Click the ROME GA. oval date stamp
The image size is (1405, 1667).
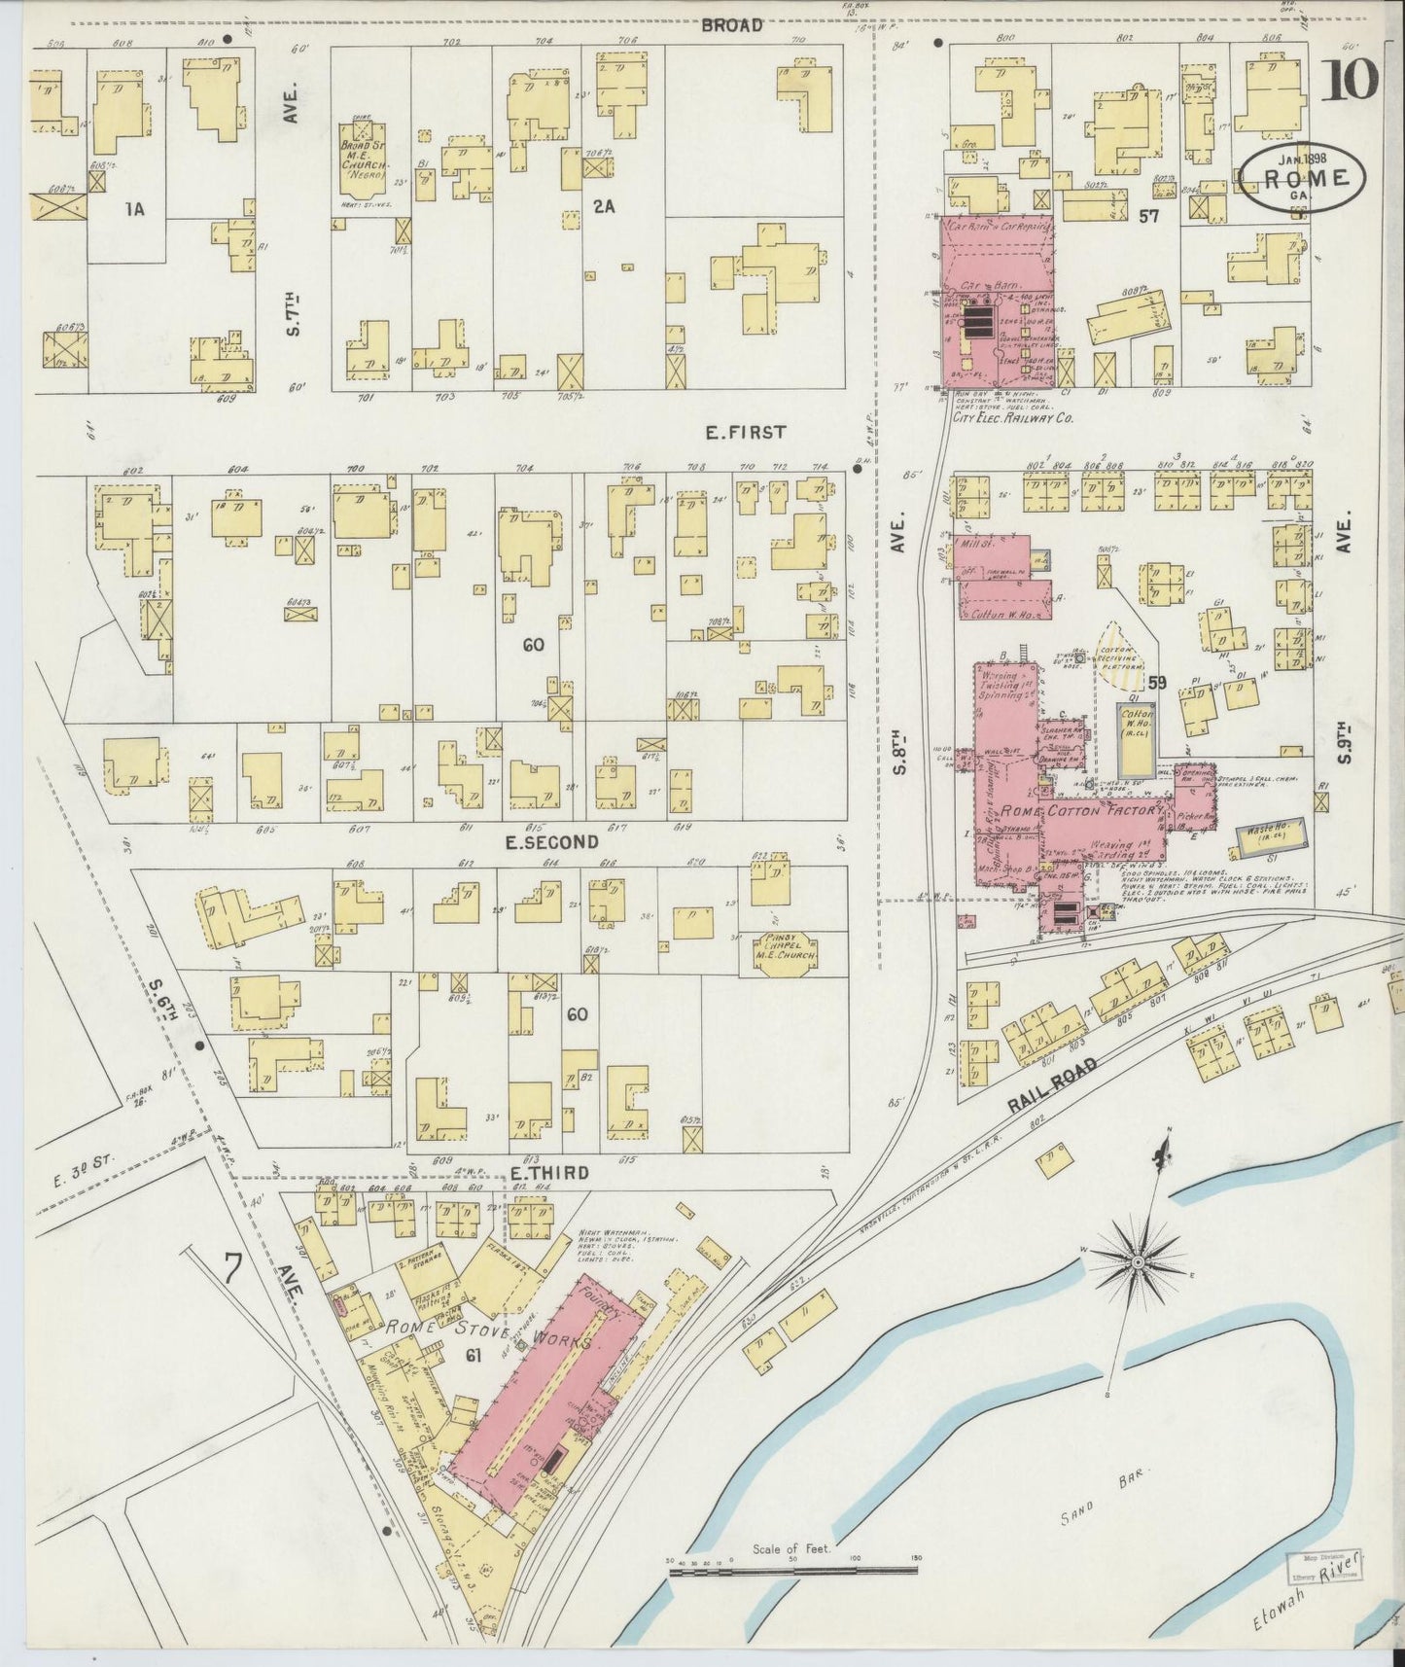1301,179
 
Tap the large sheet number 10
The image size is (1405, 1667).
1350,81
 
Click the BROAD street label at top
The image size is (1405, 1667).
731,25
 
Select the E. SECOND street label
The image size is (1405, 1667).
550,842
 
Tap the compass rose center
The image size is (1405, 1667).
1137,1262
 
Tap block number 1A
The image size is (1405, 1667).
134,208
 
